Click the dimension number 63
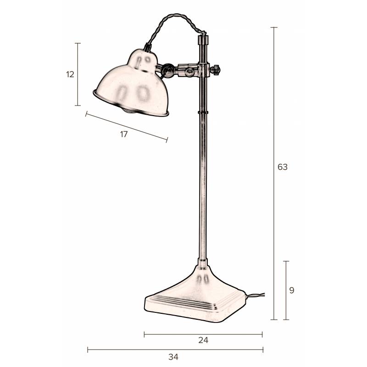pyautogui.click(x=282, y=167)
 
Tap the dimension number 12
pyautogui.click(x=70, y=74)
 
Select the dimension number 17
pyautogui.click(x=124, y=134)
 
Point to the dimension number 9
pyautogui.click(x=292, y=290)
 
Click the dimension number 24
pyautogui.click(x=203, y=340)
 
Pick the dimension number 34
pyautogui.click(x=173, y=357)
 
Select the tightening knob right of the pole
pyautogui.click(x=216, y=70)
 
